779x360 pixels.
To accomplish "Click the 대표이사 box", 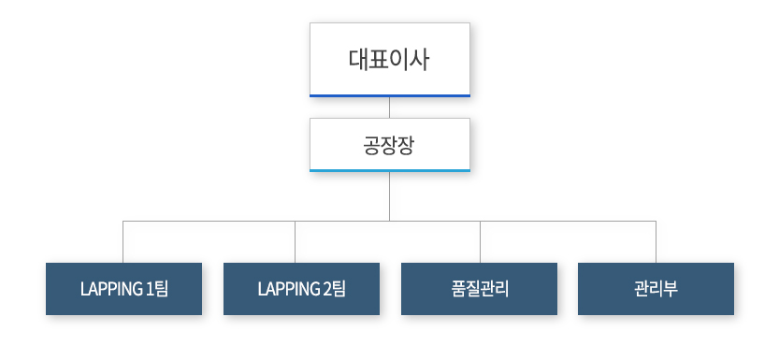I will point(389,59).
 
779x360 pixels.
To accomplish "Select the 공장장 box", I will point(389,144).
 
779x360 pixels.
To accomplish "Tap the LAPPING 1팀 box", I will point(123,288).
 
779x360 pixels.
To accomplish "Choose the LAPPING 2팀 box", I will point(301,288).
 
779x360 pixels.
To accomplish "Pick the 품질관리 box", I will point(479,288).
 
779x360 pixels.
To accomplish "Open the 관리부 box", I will point(656,288).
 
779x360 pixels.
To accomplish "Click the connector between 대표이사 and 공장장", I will point(389,107).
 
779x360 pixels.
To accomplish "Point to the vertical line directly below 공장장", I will point(389,196).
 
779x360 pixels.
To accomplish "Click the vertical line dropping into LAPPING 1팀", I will point(123,242).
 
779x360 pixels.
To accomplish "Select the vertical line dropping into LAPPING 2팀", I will point(296,242).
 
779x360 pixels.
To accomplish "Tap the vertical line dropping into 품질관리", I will point(480,242).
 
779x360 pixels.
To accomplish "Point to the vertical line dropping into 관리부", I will point(656,242).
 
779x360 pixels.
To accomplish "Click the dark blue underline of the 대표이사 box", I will point(389,95).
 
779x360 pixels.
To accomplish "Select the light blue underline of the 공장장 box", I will point(389,170).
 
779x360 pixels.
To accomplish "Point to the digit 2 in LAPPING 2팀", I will point(325,288).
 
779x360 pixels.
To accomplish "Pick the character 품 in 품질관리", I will point(457,288).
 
